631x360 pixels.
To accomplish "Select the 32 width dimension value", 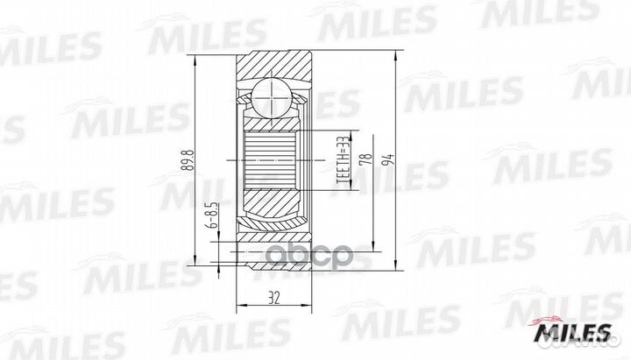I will coord(274,298).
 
